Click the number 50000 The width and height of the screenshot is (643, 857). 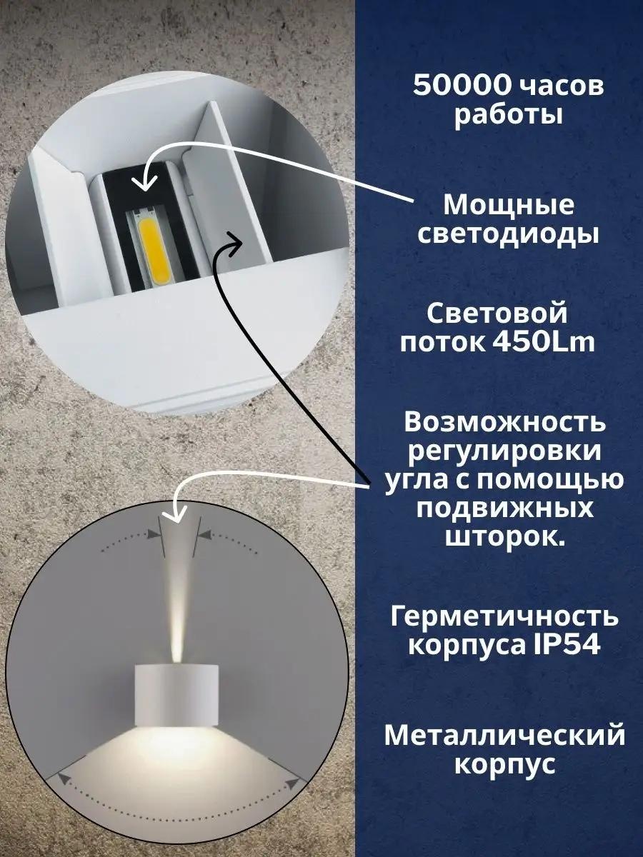click(462, 86)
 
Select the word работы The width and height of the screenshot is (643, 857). click(509, 116)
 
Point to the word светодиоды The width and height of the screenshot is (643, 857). click(508, 236)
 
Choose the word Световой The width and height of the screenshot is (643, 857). click(497, 314)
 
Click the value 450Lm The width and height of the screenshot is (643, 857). click(545, 343)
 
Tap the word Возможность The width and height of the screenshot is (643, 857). click(505, 423)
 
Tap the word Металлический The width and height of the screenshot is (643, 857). click(505, 734)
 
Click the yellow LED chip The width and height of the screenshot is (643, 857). click(156, 251)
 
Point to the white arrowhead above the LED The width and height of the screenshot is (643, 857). click(144, 182)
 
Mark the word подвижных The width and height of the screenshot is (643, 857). click(505, 509)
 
